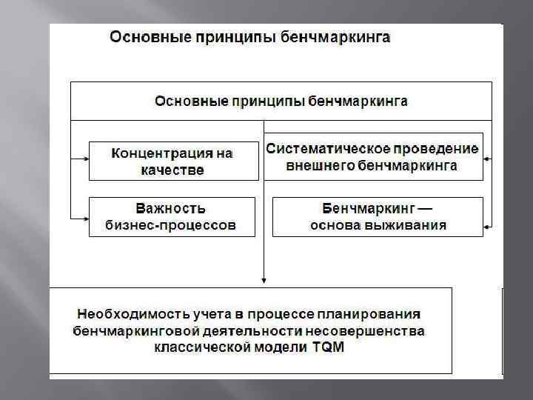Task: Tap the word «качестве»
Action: [x=172, y=170]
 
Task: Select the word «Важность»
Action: [x=171, y=208]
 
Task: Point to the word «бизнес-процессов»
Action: [x=172, y=224]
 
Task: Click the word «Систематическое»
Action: [x=318, y=148]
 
